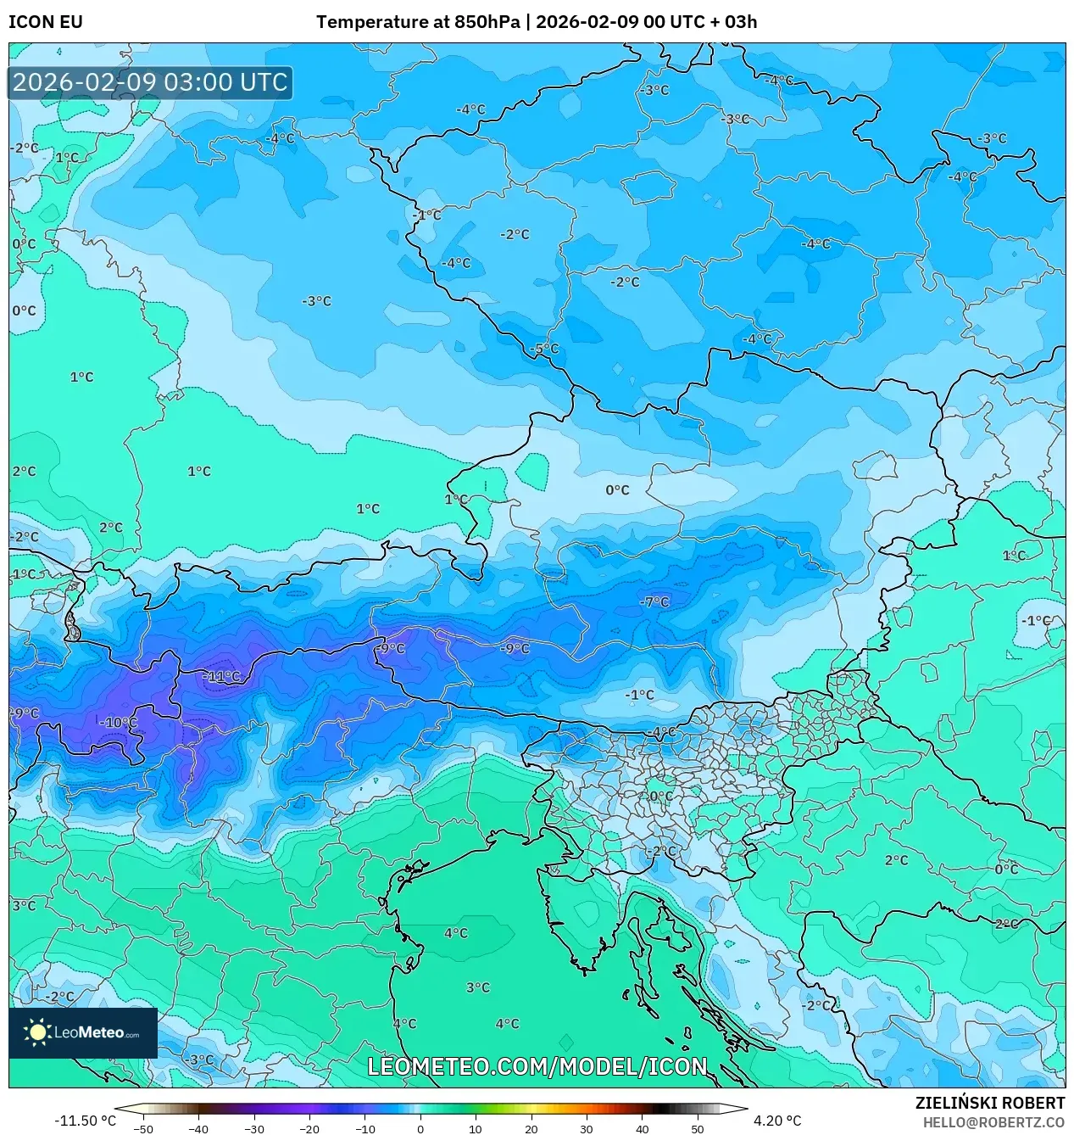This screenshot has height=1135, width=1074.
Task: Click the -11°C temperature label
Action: (x=222, y=676)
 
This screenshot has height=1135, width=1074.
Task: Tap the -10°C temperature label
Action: (x=119, y=722)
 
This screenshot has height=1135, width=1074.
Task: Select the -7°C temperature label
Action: (x=654, y=601)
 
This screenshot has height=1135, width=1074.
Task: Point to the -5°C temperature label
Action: (x=544, y=349)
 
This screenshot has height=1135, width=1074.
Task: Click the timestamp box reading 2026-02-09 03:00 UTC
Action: (x=150, y=82)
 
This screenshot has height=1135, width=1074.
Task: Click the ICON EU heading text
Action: (x=46, y=22)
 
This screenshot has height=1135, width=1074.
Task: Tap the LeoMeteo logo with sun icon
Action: (x=82, y=1032)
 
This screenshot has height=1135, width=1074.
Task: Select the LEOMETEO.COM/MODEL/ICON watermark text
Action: (x=537, y=1066)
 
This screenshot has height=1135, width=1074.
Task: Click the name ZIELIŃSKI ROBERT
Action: (x=989, y=1103)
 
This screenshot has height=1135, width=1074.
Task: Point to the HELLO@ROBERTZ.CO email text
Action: (x=993, y=1121)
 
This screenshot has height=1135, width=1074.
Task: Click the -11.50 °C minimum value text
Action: (x=86, y=1121)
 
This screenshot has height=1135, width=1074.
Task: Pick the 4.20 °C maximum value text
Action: (x=776, y=1121)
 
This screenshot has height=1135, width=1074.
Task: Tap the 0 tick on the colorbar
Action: (x=420, y=1128)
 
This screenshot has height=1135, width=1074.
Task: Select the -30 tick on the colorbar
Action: (x=253, y=1128)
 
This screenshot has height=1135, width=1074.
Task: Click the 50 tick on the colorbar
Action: (x=697, y=1128)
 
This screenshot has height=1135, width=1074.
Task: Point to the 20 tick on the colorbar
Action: (x=531, y=1128)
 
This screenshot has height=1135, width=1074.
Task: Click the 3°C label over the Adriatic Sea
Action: (x=478, y=987)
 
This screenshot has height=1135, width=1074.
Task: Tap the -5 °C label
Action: (x=544, y=349)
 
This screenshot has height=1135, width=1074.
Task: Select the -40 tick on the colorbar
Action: (x=198, y=1128)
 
